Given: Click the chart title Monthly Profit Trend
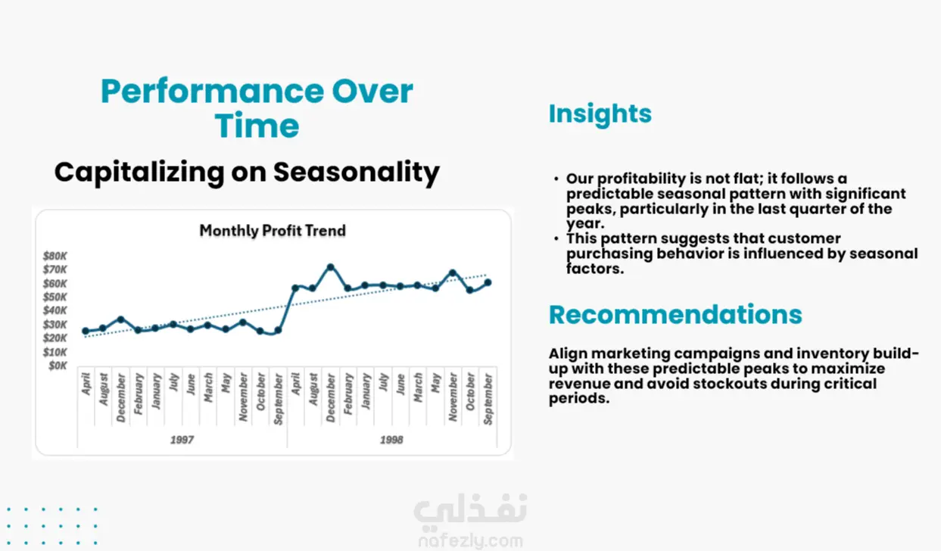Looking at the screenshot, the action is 273,231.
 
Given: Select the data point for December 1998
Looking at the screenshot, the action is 330,267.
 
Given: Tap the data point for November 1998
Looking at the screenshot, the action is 453,273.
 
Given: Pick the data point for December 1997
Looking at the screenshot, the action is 120,319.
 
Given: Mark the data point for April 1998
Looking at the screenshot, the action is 295,288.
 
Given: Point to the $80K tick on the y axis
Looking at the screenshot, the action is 55,256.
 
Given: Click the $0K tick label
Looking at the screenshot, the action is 58,366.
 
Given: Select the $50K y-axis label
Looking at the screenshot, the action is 55,297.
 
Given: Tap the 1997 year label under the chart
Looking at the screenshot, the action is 182,440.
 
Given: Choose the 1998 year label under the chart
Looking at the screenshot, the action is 391,440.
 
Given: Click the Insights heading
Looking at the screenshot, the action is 600,114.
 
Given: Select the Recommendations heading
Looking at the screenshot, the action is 675,315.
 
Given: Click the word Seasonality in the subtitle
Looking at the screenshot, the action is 357,173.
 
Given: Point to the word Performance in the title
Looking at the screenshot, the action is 212,92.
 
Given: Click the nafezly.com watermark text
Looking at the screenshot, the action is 471,541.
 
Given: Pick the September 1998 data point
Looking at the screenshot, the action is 488,283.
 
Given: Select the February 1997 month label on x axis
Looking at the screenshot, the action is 139,394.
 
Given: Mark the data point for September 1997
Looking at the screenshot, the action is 278,331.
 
